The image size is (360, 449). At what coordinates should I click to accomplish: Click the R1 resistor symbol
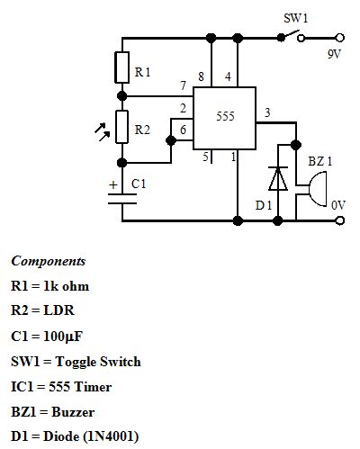click(122, 67)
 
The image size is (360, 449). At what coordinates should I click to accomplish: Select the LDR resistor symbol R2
click(122, 127)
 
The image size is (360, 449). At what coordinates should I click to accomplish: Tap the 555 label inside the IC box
click(225, 116)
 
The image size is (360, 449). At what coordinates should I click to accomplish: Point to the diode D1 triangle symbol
click(278, 178)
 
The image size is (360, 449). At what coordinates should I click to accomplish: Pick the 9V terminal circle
click(339, 38)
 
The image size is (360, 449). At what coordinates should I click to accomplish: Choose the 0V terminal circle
click(339, 220)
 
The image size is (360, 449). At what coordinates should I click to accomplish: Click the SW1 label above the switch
click(296, 18)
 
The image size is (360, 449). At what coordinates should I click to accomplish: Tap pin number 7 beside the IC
click(183, 85)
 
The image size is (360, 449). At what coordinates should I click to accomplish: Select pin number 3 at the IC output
click(267, 112)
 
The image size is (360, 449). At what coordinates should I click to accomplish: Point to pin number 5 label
click(205, 157)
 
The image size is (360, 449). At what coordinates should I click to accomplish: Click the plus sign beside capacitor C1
click(113, 184)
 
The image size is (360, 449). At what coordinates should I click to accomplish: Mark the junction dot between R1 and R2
click(122, 96)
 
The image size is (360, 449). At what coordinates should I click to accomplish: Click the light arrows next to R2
click(103, 131)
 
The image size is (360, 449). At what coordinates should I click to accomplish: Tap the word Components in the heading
click(49, 261)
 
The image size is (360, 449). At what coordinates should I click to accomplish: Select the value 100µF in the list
click(63, 337)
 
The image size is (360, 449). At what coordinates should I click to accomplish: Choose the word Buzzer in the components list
click(73, 412)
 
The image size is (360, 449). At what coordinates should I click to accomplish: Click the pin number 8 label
click(201, 76)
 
